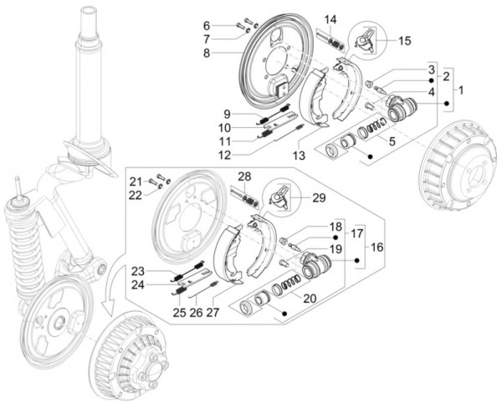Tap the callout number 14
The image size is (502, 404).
[x=330, y=19]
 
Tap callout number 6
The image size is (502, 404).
[x=207, y=24]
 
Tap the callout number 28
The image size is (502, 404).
[x=243, y=176]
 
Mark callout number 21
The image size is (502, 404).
[x=135, y=181]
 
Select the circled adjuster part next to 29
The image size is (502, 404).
[x=280, y=197]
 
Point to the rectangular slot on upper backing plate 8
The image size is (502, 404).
[x=283, y=86]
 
